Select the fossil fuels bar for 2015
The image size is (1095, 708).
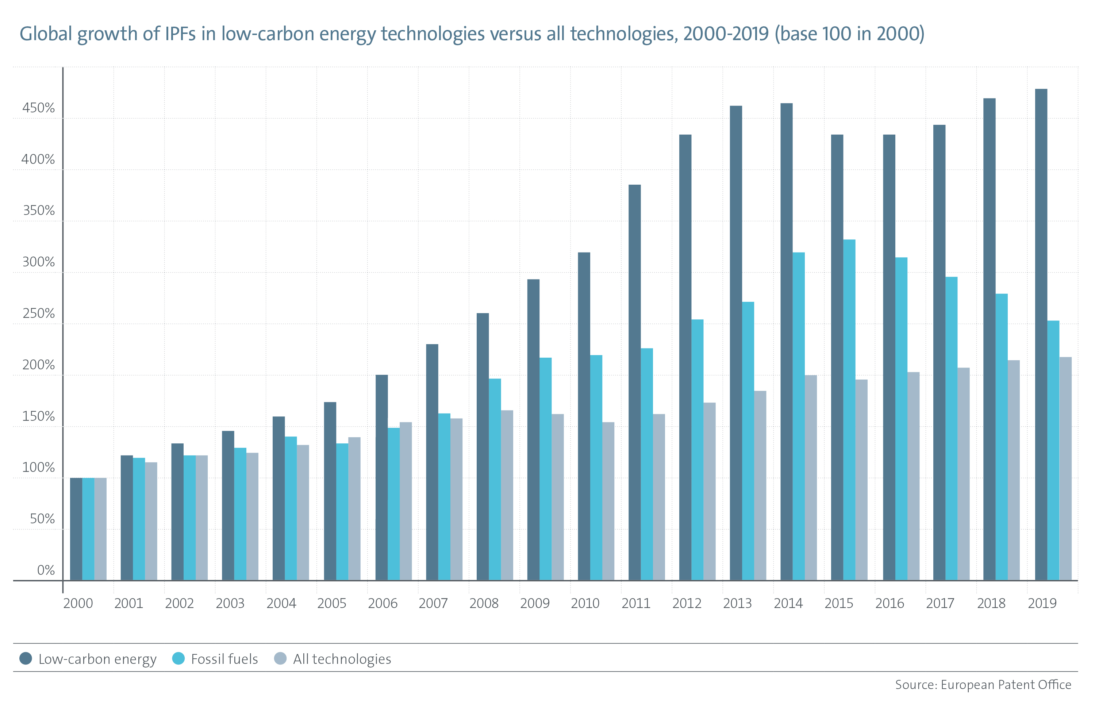point(849,409)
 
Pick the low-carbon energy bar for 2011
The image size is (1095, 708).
point(634,382)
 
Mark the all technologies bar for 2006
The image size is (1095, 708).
point(406,501)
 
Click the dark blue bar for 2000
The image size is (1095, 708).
point(76,529)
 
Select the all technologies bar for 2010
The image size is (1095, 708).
point(608,501)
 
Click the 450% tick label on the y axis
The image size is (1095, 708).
point(38,108)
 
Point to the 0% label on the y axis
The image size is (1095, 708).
point(46,570)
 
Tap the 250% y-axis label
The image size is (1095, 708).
point(38,313)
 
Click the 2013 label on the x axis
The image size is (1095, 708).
point(737,603)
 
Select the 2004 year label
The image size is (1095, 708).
point(281,603)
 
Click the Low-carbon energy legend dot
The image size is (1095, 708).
point(26,658)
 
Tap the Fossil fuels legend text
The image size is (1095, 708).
point(224,659)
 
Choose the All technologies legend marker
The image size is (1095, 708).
point(280,658)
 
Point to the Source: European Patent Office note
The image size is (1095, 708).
point(983,685)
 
